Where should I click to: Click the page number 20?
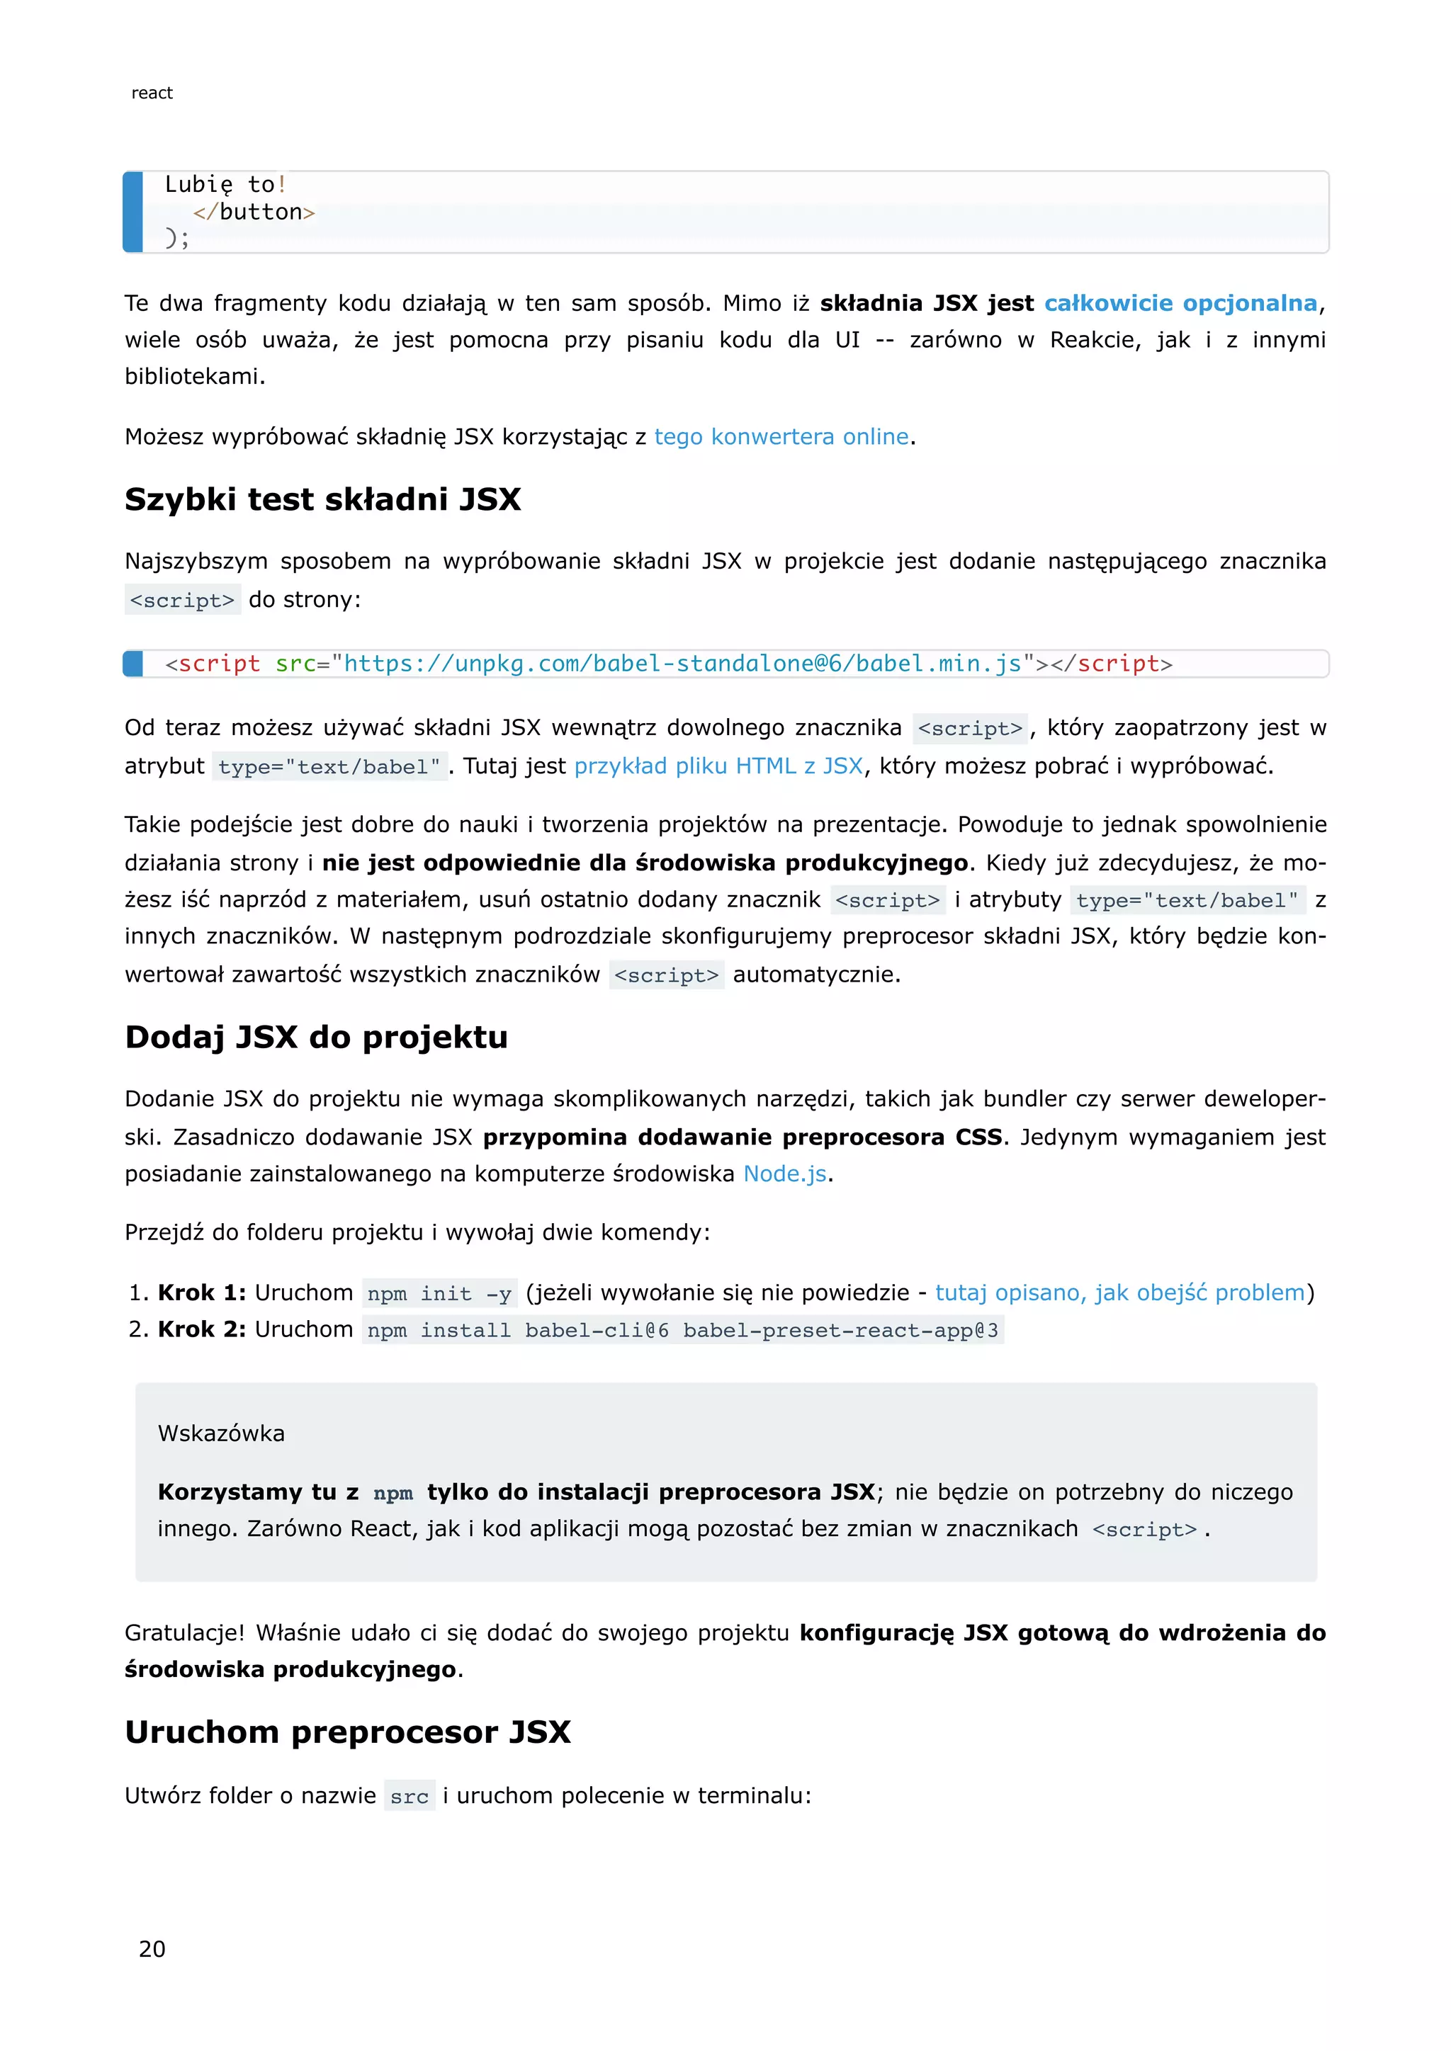click(x=152, y=1948)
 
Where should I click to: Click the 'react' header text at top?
click(x=152, y=93)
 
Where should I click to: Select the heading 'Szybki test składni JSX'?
click(x=322, y=499)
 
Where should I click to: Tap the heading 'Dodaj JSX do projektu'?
click(x=316, y=1037)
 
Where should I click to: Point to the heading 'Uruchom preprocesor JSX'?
click(x=348, y=1732)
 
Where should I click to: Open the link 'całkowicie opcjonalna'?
click(x=1180, y=304)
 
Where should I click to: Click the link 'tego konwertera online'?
click(x=781, y=437)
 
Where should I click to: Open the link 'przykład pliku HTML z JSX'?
click(x=718, y=766)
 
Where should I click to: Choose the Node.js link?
click(x=784, y=1174)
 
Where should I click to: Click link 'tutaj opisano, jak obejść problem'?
click(x=1119, y=1292)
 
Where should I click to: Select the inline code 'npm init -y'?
click(x=439, y=1293)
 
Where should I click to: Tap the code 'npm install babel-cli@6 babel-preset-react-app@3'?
click(x=682, y=1330)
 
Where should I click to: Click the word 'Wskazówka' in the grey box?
click(x=220, y=1433)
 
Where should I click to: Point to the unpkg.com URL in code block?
click(x=682, y=664)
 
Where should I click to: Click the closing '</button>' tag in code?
click(x=254, y=212)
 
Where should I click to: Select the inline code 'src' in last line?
click(x=410, y=1797)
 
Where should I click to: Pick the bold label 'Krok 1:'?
click(x=202, y=1292)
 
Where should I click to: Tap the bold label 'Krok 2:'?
click(x=202, y=1329)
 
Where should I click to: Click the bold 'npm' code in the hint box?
click(x=393, y=1493)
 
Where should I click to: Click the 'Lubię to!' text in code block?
click(x=225, y=185)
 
